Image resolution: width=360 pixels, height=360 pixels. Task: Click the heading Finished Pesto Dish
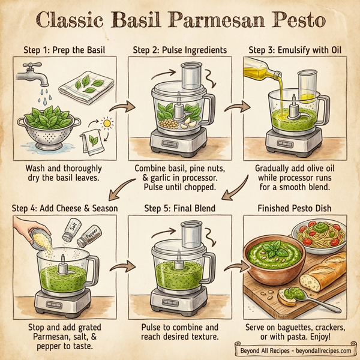(x=294, y=208)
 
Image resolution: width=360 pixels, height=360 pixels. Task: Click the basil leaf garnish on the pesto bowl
(x=275, y=247)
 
